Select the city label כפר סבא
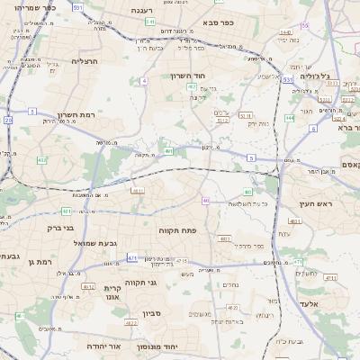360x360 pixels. click(219, 22)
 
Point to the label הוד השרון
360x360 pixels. click(190, 76)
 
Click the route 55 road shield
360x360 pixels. click(304, 26)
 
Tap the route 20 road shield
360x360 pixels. click(8, 119)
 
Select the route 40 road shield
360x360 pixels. click(206, 201)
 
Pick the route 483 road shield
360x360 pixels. click(247, 192)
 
